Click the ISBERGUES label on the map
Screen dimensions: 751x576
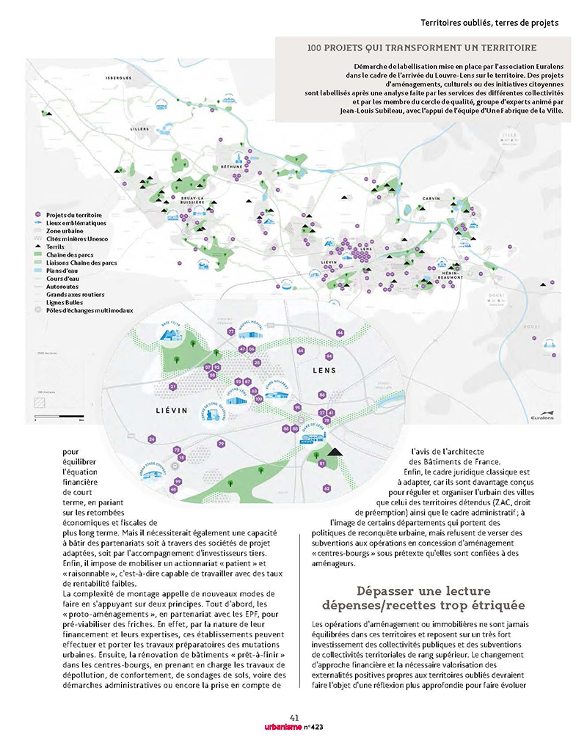pos(118,78)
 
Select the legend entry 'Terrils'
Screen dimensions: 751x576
pos(56,247)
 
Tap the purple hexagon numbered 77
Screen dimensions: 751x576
pos(231,332)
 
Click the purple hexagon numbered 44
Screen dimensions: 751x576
pos(340,333)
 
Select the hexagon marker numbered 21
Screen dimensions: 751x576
pos(173,386)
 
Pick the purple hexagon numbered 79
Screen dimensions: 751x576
pos(221,444)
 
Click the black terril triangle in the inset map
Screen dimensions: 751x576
pos(333,452)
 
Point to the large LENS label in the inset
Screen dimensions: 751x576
pos(324,371)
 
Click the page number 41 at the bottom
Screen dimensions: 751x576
pos(294,717)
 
